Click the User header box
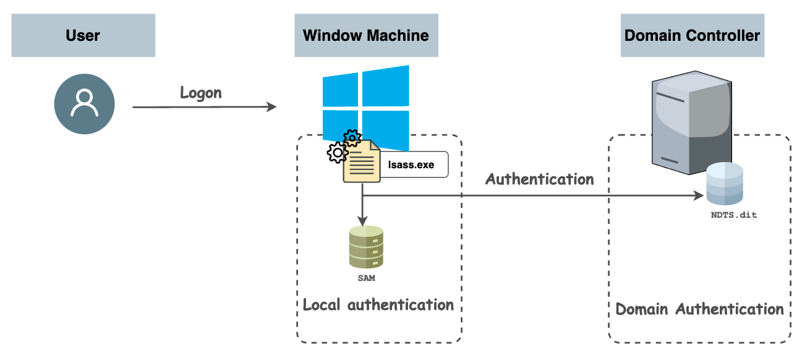(x=83, y=35)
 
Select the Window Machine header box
(x=366, y=35)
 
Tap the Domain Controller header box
(x=692, y=35)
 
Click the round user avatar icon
(x=84, y=103)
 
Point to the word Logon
(x=200, y=93)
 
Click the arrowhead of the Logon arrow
(x=271, y=108)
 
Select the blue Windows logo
(x=365, y=105)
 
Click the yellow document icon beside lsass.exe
(x=362, y=161)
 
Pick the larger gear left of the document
(x=337, y=152)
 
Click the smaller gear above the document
(x=352, y=138)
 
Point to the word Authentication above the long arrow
(x=539, y=179)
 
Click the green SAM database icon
(x=366, y=247)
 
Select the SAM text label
(x=366, y=278)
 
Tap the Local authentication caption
(x=378, y=305)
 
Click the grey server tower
(x=693, y=124)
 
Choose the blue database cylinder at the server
(x=725, y=184)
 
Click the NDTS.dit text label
(x=733, y=215)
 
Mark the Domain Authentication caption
(x=699, y=309)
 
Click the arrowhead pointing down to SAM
(x=362, y=220)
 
